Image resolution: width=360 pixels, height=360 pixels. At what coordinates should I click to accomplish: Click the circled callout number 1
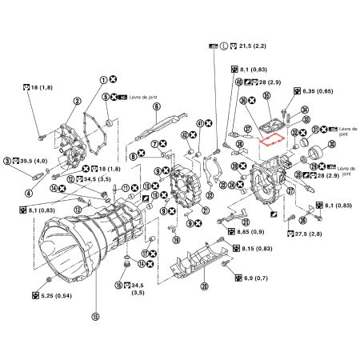coord(103,79)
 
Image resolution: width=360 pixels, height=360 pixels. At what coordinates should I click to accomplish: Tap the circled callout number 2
coord(78,101)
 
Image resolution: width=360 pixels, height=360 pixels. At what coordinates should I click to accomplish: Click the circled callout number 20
coord(205,286)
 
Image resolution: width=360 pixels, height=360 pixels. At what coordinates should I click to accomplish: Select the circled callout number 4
coord(30,192)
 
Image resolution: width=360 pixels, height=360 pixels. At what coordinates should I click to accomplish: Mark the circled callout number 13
coord(78,209)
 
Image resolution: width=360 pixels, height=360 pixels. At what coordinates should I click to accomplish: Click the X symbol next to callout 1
coord(114,79)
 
